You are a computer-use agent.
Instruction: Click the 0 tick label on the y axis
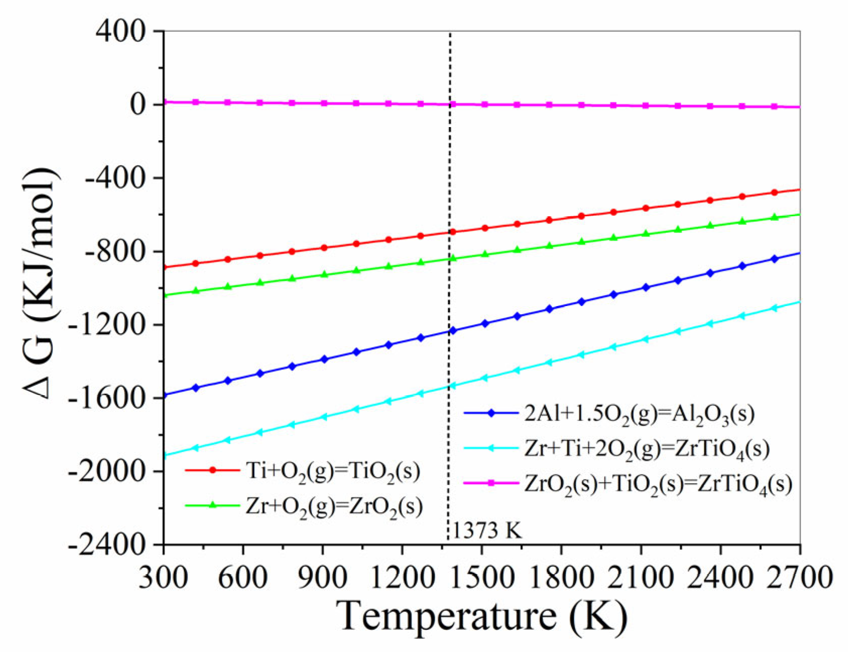click(138, 105)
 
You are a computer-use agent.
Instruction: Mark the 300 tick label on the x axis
click(163, 576)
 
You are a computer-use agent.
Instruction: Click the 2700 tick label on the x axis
click(800, 576)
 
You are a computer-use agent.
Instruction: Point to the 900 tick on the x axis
click(323, 576)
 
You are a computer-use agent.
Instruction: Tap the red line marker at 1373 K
click(452, 232)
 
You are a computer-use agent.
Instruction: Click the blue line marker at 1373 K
click(452, 331)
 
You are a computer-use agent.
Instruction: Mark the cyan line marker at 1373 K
click(452, 386)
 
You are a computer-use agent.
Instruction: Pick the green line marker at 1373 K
click(452, 259)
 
